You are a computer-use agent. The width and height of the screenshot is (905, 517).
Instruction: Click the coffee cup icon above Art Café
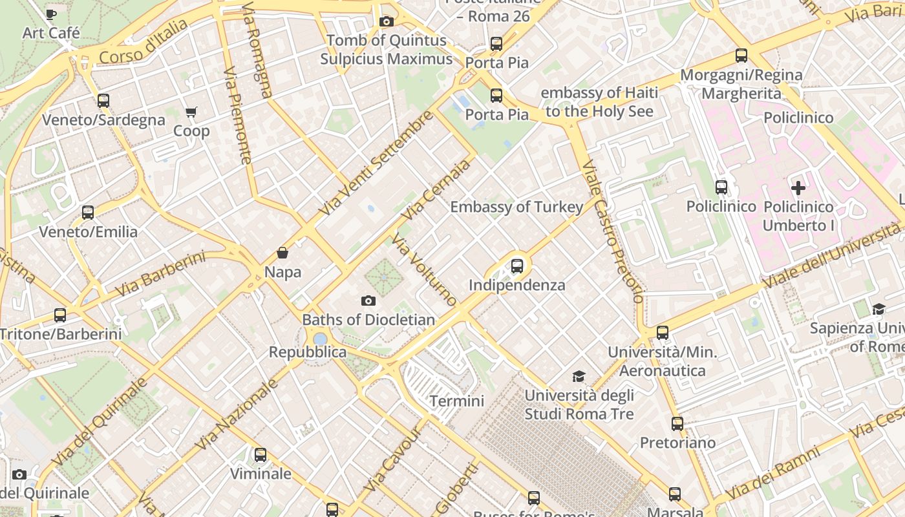[x=52, y=14]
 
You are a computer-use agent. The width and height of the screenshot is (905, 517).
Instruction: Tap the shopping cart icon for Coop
[x=191, y=112]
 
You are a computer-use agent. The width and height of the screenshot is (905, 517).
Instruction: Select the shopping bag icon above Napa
[x=282, y=252]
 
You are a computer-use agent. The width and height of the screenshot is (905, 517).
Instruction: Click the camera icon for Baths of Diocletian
[x=368, y=301]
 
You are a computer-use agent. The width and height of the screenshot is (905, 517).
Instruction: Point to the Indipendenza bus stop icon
[x=516, y=266]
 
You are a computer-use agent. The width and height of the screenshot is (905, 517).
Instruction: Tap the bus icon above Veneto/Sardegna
[x=103, y=101]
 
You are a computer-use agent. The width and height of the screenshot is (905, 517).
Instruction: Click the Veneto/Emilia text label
[x=89, y=232]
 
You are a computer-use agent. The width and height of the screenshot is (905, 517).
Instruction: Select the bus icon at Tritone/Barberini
[x=60, y=315]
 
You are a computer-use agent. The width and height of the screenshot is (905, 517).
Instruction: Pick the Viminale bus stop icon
[x=261, y=455]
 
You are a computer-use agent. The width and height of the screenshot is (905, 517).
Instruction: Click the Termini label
[x=457, y=401]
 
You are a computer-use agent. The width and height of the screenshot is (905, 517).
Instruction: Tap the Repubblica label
[x=308, y=352]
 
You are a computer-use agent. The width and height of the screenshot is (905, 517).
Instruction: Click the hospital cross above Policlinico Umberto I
[x=798, y=188]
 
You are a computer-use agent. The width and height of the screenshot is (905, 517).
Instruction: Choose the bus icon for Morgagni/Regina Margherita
[x=741, y=56]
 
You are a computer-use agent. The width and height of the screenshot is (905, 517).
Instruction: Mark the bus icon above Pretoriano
[x=677, y=424]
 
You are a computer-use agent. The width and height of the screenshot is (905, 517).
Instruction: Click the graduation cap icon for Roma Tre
[x=579, y=376]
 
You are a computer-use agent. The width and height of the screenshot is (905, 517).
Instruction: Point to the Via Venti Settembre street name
[x=376, y=164]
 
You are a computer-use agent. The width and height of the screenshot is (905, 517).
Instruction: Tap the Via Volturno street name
[x=425, y=270]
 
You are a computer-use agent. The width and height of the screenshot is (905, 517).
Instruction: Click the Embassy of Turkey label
[x=516, y=207]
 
